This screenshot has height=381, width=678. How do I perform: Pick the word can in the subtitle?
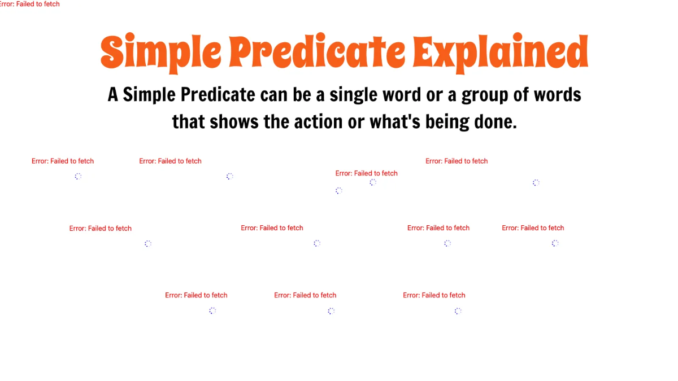point(274,94)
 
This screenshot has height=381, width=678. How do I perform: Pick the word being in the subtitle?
point(446,122)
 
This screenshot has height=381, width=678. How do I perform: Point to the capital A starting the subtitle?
point(113,94)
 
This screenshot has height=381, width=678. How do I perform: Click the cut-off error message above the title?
point(29,4)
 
